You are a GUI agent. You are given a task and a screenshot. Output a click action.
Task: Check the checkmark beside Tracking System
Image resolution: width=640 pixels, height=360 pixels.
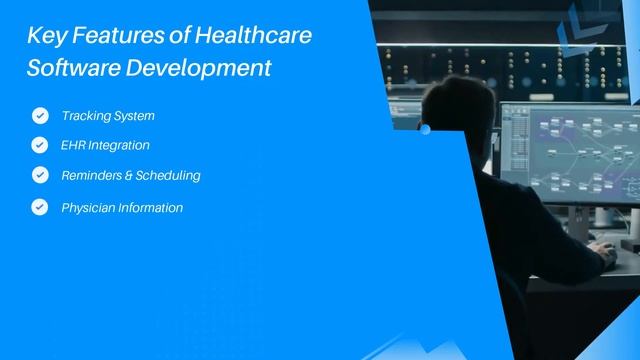pos(40,116)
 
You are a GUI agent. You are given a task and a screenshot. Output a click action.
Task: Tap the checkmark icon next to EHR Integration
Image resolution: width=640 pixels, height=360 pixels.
pos(40,145)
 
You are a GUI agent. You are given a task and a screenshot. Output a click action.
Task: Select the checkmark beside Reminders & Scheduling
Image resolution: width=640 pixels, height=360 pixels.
pos(40,175)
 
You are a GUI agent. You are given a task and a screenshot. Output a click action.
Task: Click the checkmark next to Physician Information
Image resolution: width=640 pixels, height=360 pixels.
pos(40,208)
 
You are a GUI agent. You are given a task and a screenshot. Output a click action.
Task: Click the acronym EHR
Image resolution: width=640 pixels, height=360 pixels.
pos(73,145)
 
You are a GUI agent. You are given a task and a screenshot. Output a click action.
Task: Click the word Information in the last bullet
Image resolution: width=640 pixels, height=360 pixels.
pos(150,208)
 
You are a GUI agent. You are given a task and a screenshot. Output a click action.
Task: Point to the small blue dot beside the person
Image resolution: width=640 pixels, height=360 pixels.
pos(425,129)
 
